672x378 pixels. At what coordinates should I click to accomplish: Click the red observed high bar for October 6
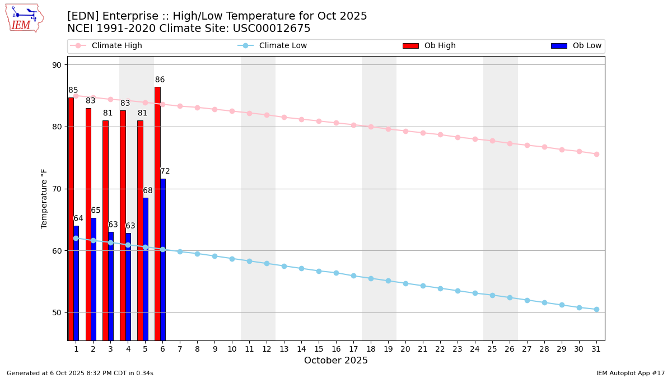tap(157, 213)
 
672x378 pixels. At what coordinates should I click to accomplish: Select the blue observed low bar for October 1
tap(76, 283)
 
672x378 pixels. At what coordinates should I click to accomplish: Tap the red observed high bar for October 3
tap(105, 230)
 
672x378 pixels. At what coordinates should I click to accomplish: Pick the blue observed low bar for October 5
tap(146, 269)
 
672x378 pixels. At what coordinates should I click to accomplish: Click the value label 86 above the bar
tap(160, 80)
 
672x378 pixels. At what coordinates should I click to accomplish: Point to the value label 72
tap(165, 171)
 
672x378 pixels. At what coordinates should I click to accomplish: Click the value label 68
tap(148, 191)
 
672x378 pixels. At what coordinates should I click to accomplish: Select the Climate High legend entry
tap(116, 46)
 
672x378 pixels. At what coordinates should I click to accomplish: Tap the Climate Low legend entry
tap(283, 46)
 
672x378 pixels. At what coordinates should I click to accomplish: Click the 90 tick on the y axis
tap(57, 65)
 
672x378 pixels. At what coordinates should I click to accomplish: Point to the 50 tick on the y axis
tap(57, 312)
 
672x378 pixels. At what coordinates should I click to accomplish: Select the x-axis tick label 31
tap(596, 349)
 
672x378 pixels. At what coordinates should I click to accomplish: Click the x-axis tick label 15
tap(319, 349)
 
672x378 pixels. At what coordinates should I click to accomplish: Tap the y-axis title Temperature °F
tap(45, 198)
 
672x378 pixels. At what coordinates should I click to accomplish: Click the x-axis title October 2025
tap(336, 361)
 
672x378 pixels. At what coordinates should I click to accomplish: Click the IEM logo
tap(24, 18)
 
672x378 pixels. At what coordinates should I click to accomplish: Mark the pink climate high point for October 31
tap(596, 154)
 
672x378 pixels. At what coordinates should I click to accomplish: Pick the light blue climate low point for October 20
tap(405, 283)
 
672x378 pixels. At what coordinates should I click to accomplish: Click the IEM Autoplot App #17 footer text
tap(630, 373)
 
